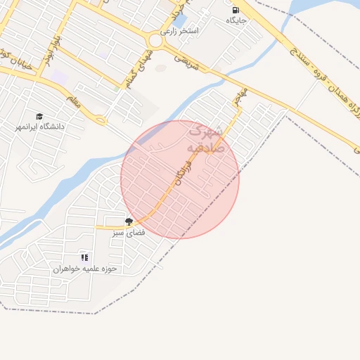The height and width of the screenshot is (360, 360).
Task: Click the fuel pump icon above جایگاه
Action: (x=235, y=10)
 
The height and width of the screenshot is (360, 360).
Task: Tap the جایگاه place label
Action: (x=235, y=21)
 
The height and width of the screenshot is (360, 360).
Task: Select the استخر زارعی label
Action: (x=180, y=31)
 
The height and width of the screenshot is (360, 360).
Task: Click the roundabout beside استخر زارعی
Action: (x=155, y=40)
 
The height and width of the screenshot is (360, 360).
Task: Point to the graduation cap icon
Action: (x=40, y=116)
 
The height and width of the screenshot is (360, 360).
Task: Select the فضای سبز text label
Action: (x=129, y=231)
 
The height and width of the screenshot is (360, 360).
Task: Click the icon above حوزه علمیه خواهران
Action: (x=84, y=257)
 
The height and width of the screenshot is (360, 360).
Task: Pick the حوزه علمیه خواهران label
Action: (x=85, y=269)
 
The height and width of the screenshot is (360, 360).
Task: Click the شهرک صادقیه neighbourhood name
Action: (x=205, y=139)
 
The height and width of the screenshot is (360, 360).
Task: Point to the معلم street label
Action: (x=75, y=101)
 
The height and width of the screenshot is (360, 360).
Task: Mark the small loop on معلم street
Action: (x=101, y=120)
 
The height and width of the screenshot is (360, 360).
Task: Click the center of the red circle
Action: (x=180, y=179)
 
